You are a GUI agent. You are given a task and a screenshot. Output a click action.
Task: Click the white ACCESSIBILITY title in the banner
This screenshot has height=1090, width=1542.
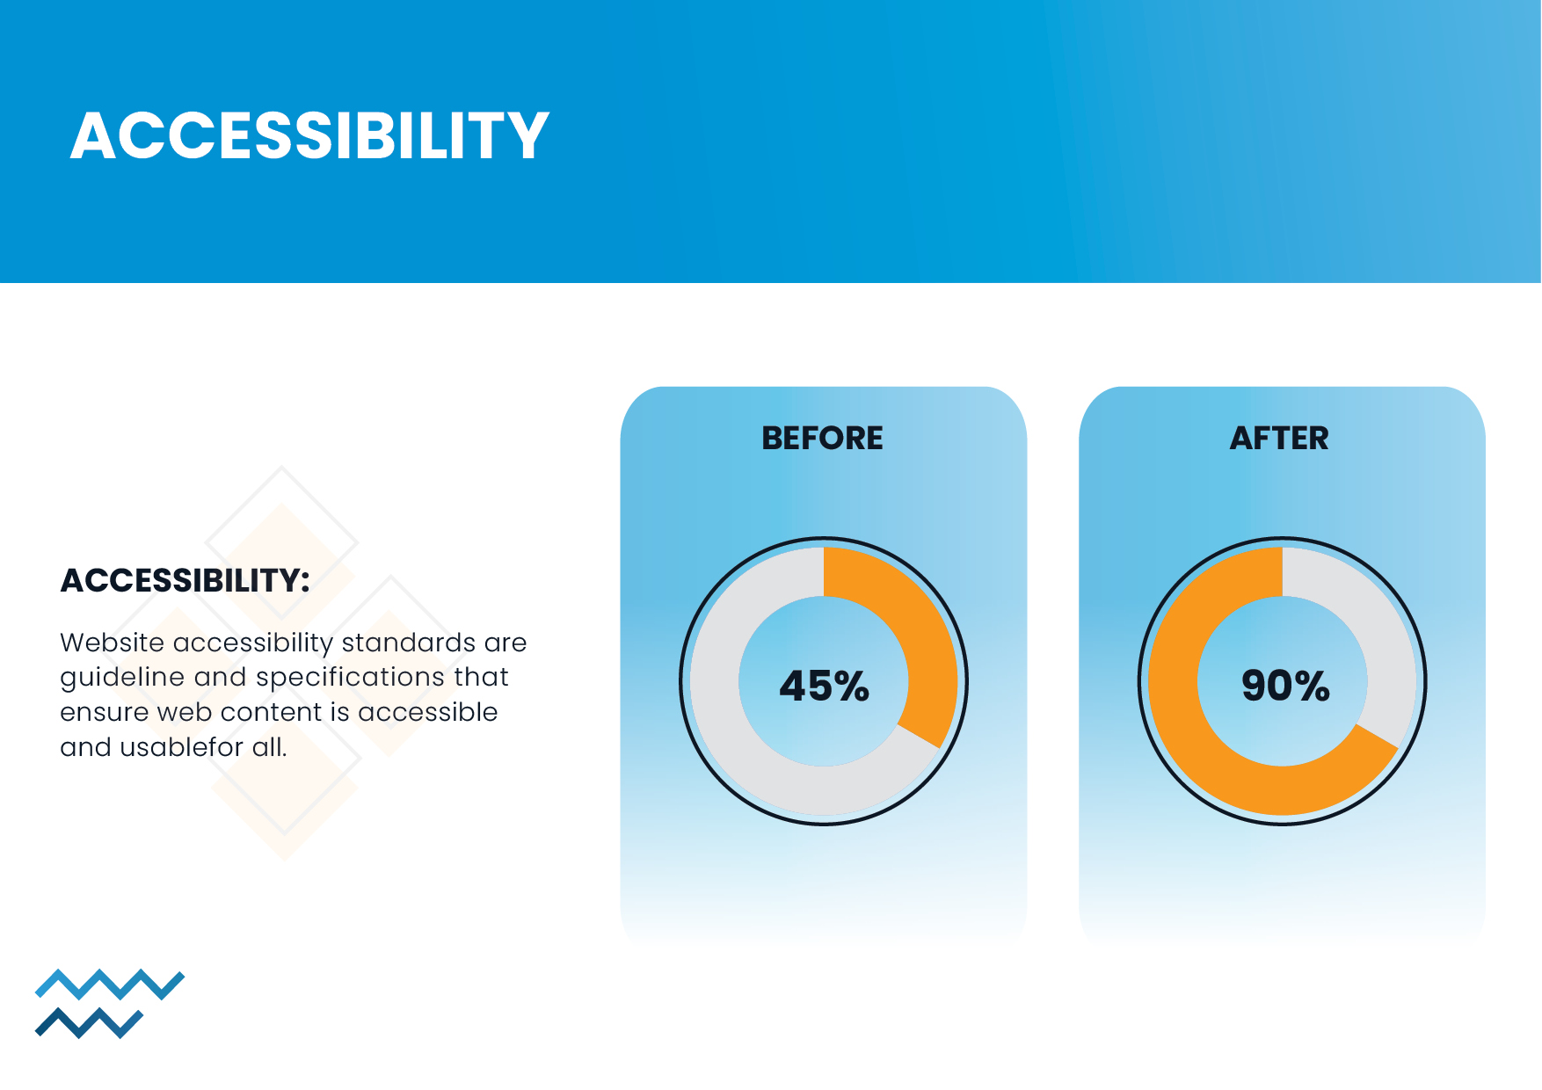[309, 136]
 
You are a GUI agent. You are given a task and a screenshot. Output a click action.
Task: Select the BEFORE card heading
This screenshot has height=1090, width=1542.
[822, 438]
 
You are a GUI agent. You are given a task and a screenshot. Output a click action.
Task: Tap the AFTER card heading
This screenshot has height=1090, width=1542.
[1279, 438]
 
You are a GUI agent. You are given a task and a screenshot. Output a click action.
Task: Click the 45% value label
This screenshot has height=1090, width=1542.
[824, 686]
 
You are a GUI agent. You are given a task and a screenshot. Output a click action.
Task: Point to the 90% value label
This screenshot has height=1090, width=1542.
[1284, 686]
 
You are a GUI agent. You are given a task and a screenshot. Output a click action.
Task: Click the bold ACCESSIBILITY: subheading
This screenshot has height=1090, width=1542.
[185, 580]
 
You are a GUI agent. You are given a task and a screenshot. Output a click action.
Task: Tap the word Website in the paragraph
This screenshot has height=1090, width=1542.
[112, 643]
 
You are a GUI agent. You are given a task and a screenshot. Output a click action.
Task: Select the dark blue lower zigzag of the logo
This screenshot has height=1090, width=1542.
[88, 1023]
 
